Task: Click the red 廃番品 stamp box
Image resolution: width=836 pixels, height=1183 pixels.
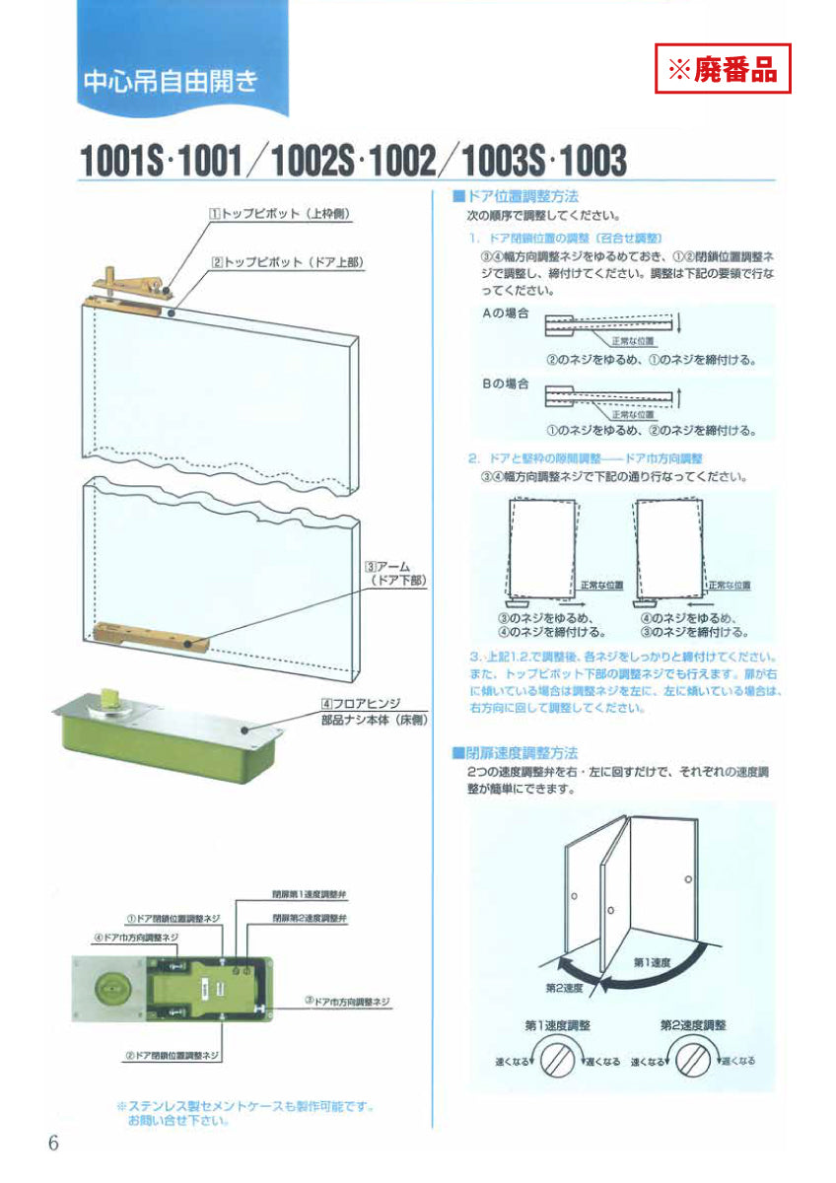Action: (724, 69)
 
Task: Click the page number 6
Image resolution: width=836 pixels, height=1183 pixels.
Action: (53, 1144)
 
